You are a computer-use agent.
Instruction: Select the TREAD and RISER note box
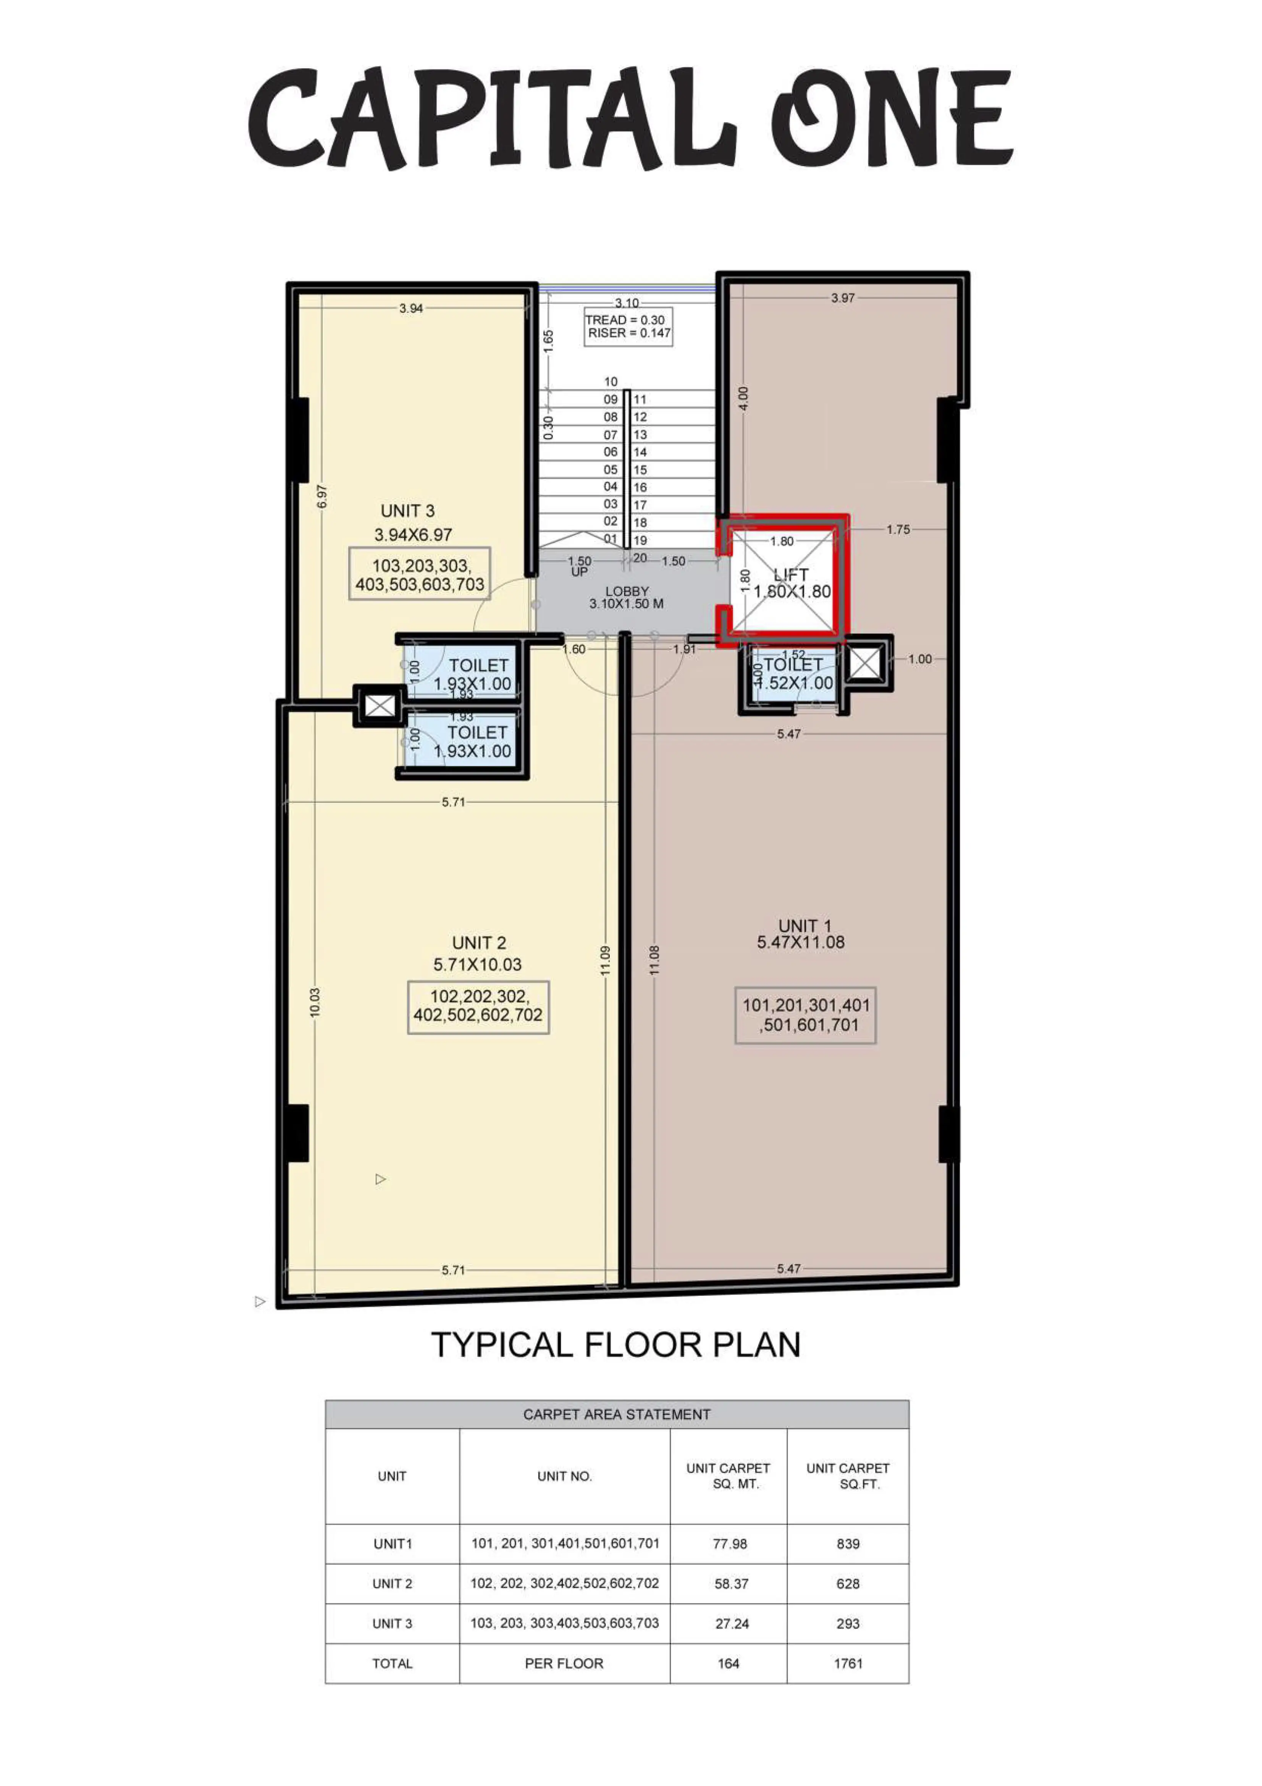click(x=629, y=327)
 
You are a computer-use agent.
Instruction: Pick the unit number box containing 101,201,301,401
click(x=805, y=1015)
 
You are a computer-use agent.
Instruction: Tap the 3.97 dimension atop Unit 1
click(x=843, y=298)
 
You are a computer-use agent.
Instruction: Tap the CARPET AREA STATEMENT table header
click(x=617, y=1414)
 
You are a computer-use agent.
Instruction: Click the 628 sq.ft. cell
click(x=848, y=1584)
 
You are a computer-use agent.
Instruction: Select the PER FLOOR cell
click(x=564, y=1664)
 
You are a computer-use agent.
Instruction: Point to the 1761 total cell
click(x=848, y=1664)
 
